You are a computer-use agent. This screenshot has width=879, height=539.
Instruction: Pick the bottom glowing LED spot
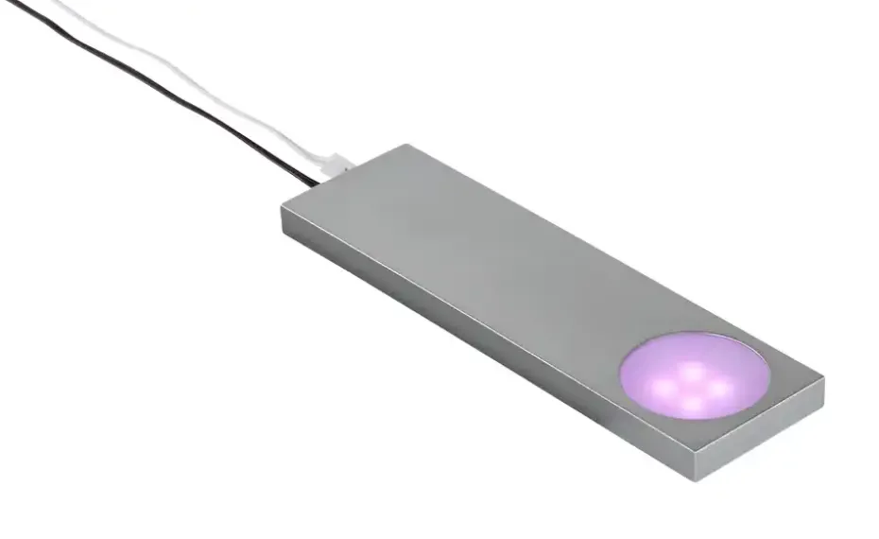[693, 404]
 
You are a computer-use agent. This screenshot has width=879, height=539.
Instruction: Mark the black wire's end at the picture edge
[8, 3]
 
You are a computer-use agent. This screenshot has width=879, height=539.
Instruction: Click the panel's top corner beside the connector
[407, 146]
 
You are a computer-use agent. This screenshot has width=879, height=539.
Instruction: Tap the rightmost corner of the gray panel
[823, 380]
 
